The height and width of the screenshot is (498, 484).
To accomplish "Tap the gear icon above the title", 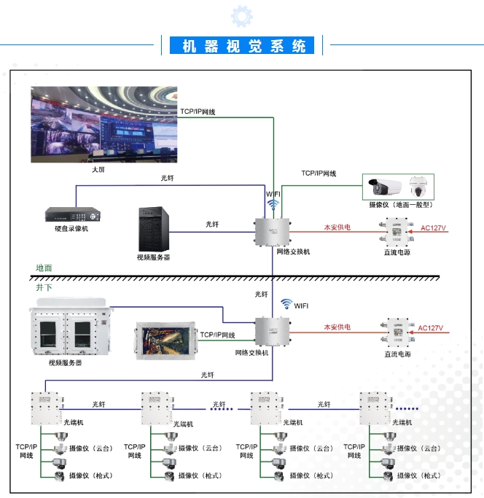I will click(241, 16).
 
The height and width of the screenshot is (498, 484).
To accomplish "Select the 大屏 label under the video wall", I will click(98, 169).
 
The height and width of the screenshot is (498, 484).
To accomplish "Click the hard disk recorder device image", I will click(71, 215).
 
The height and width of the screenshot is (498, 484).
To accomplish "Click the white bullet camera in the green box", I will click(385, 186).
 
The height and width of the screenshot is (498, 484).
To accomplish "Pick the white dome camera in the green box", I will click(418, 186).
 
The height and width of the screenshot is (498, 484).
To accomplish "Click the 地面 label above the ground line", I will click(44, 268).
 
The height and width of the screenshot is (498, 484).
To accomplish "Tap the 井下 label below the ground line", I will click(44, 287).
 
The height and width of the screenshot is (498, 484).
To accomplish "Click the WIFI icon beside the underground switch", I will click(287, 304).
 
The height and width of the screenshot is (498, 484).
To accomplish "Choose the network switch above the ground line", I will click(273, 232).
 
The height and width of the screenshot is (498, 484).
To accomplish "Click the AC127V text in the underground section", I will click(430, 328).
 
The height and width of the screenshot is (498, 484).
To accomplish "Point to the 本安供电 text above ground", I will click(337, 227).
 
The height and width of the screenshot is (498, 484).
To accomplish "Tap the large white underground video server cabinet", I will click(70, 330).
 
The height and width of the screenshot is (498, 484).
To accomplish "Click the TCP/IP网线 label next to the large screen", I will click(198, 112).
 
